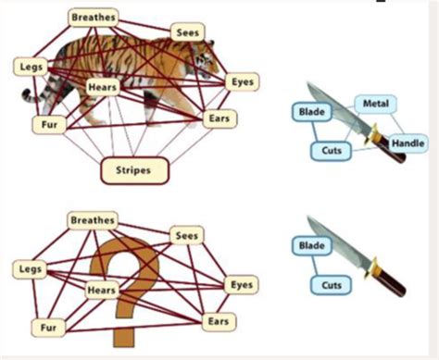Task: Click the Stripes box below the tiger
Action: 134,170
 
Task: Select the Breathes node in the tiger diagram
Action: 94,18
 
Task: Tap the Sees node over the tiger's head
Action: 187,32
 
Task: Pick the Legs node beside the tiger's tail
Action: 31,67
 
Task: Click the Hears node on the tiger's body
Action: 103,87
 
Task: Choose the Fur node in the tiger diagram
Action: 49,125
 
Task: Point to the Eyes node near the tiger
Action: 243,82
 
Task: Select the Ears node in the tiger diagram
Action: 219,118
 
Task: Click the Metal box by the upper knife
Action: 375,104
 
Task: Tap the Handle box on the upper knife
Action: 408,143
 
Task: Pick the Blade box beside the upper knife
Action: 312,112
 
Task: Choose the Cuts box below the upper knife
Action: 332,151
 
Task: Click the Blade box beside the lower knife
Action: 312,246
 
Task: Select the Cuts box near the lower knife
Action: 332,285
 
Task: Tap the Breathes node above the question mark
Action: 93,220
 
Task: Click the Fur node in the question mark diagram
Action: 48,328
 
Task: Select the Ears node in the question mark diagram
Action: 219,322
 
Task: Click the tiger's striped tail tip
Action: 25,93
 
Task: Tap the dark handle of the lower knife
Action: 391,282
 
